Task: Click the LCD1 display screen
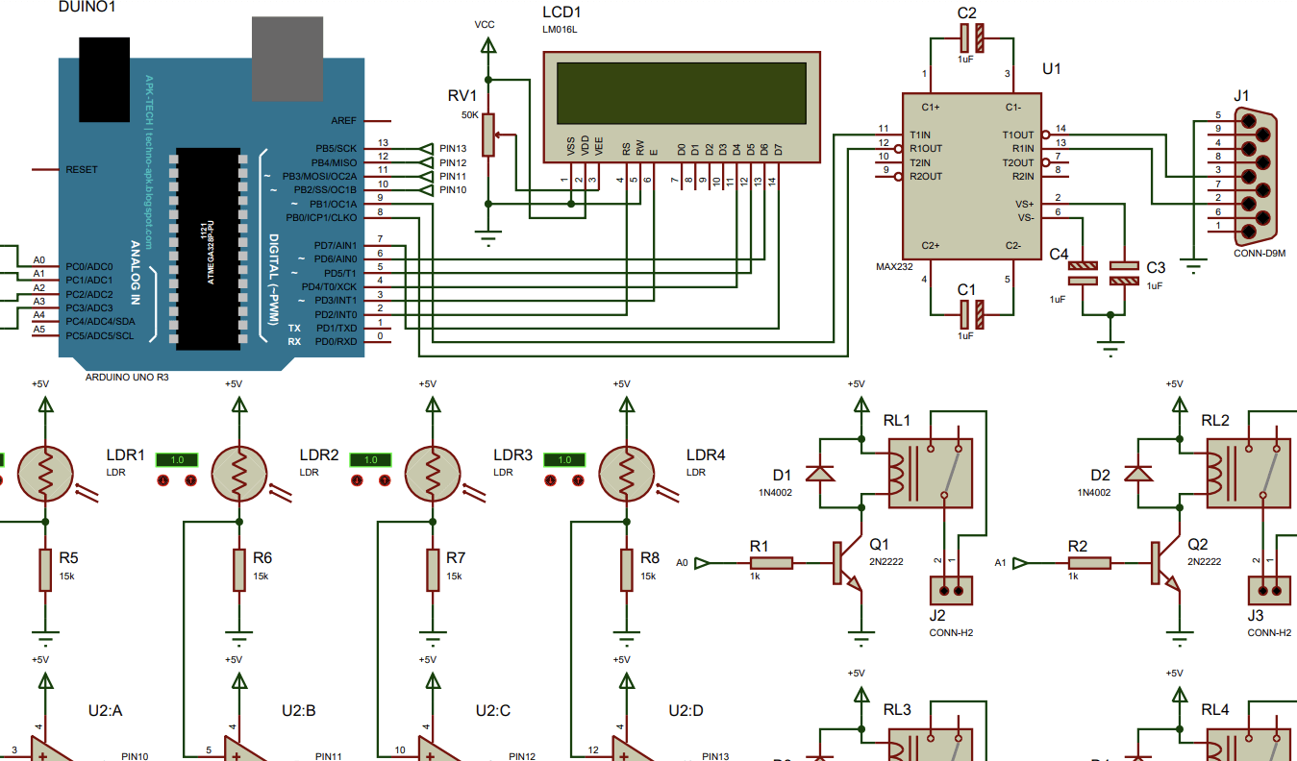[x=682, y=92]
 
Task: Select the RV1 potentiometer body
[x=488, y=134]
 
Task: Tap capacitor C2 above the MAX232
[x=972, y=38]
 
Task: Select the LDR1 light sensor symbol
[x=45, y=472]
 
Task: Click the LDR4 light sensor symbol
[x=626, y=472]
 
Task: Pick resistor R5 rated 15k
[x=45, y=571]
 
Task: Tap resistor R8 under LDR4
[x=626, y=571]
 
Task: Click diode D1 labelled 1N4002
[x=818, y=474]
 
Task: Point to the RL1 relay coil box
[x=929, y=474]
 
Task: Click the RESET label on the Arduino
[x=82, y=170]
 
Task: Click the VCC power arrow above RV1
[x=488, y=44]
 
